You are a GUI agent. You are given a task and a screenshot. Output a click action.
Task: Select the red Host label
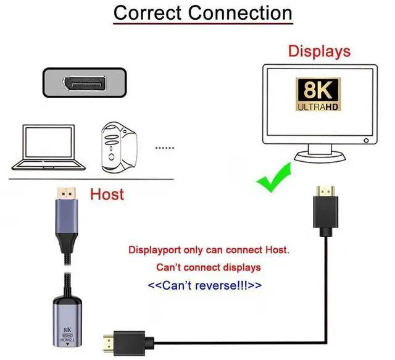pyautogui.click(x=107, y=195)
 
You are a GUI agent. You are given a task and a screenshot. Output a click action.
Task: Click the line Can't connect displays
pyautogui.click(x=208, y=268)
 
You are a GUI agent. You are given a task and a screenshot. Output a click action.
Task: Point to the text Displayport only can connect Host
pyautogui.click(x=209, y=251)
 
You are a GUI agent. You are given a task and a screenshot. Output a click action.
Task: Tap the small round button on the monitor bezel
pyautogui.click(x=367, y=141)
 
